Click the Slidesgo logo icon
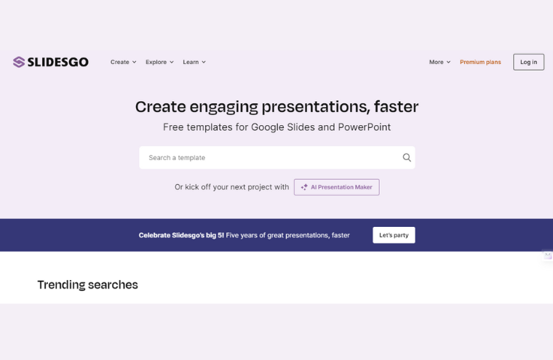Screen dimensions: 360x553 (x=19, y=62)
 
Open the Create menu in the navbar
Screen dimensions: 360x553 (x=123, y=62)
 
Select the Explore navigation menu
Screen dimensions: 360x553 (x=159, y=62)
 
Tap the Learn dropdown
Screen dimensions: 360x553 (x=194, y=62)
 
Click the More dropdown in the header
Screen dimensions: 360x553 (x=439, y=62)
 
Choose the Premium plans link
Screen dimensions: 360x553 (x=480, y=62)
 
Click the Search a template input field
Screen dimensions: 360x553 (x=269, y=158)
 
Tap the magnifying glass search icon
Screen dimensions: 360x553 (x=407, y=158)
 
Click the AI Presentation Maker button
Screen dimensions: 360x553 (x=337, y=187)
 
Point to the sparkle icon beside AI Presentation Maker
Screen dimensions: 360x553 (x=304, y=187)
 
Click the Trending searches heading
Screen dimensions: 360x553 (x=87, y=284)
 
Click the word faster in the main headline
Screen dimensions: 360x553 (x=396, y=107)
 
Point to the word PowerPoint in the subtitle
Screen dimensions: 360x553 (x=365, y=127)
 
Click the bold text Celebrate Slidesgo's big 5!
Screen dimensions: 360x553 (x=181, y=235)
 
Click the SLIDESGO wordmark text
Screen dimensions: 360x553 (x=58, y=62)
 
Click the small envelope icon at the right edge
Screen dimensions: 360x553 (x=548, y=255)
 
